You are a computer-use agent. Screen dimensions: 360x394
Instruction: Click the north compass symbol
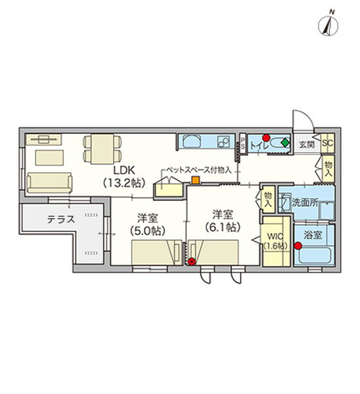click(x=328, y=25)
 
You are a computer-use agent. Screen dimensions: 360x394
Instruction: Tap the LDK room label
click(x=124, y=170)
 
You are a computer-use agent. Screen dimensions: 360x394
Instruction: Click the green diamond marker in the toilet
click(x=285, y=143)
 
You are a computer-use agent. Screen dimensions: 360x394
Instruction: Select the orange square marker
click(x=196, y=180)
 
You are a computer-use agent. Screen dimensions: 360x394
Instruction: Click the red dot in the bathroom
click(x=298, y=246)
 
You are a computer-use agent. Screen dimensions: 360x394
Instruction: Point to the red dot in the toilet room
click(x=266, y=138)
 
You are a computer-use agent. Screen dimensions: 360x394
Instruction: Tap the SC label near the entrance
click(x=328, y=143)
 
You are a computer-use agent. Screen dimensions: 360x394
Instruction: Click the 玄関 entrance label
click(x=307, y=144)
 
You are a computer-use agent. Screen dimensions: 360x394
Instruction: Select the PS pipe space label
click(x=242, y=143)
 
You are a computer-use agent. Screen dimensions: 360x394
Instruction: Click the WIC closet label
click(x=275, y=236)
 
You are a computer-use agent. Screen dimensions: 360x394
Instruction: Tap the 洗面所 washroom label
click(x=305, y=202)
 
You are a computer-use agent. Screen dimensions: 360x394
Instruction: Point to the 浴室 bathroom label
click(x=313, y=235)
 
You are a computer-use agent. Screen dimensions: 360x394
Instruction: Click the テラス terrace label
click(x=61, y=219)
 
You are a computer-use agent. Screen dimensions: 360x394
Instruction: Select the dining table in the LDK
click(x=102, y=149)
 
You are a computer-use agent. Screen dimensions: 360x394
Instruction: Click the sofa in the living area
click(x=49, y=183)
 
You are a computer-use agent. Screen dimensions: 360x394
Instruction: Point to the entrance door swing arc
click(x=308, y=116)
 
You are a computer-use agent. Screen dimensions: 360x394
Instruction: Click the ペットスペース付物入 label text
click(x=198, y=170)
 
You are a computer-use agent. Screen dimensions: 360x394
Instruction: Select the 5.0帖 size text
click(x=148, y=230)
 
